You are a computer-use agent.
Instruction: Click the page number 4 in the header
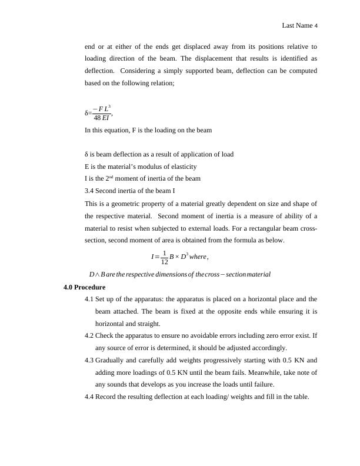click(316, 26)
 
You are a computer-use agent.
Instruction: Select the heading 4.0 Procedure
click(84, 288)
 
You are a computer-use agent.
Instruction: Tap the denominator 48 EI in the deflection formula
click(102, 116)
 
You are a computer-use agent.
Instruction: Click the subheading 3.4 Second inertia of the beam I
click(129, 191)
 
